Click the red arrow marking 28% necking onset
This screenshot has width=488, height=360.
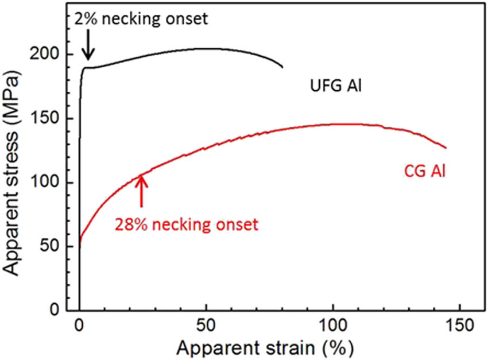click(141, 191)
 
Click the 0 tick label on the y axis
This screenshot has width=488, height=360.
click(66, 311)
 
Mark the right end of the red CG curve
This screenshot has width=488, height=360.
click(446, 148)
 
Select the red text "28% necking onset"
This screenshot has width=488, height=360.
click(187, 223)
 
